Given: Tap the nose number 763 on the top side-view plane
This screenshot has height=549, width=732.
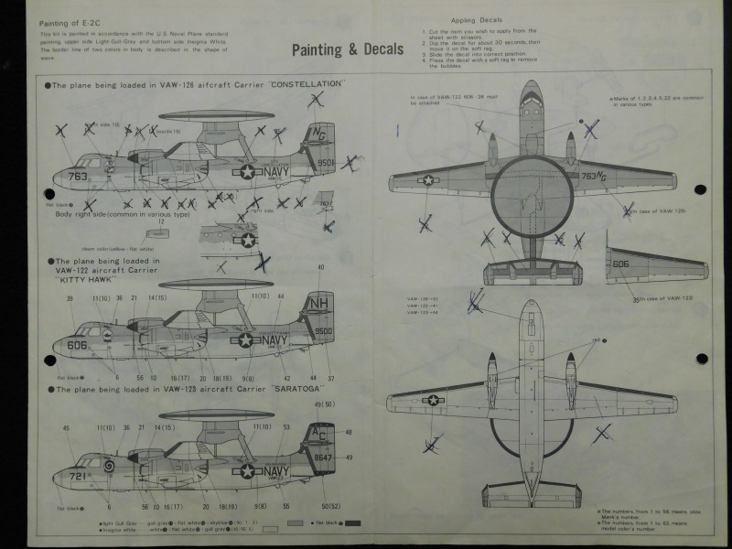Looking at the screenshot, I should (x=77, y=177).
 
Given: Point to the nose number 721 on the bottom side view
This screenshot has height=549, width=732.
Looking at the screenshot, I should (x=77, y=477).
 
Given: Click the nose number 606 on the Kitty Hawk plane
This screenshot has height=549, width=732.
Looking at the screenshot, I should (x=77, y=347).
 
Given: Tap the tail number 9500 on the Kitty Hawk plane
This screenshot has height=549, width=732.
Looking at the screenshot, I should (x=324, y=331).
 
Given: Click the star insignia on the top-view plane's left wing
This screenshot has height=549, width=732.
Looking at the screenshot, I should (x=427, y=179).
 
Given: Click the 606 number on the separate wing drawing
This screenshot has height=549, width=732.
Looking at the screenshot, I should (x=621, y=264).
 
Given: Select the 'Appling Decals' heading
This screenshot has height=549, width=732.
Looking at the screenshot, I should (x=475, y=19).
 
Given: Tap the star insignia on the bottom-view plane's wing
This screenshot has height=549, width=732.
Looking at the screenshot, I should (x=434, y=399).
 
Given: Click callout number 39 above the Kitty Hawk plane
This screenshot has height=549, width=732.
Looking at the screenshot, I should (x=70, y=298).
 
